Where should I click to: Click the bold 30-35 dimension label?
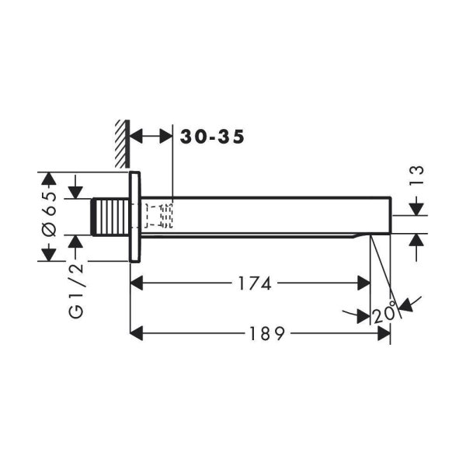(x=212, y=137)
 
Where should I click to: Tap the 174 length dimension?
(x=255, y=283)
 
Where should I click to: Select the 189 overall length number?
(x=267, y=333)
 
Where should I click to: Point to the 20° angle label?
(x=384, y=312)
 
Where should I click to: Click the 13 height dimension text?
(x=416, y=176)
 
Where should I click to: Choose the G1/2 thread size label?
(x=76, y=291)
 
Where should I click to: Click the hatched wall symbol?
(x=123, y=144)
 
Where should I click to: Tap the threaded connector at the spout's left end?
(x=110, y=217)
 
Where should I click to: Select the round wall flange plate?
(x=134, y=217)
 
